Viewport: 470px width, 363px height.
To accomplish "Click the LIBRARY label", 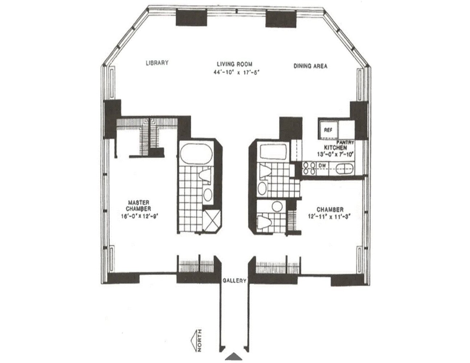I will coord(157,63).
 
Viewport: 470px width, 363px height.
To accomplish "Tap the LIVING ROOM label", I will coord(237,64).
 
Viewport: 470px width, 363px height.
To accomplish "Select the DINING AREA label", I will coord(310,66).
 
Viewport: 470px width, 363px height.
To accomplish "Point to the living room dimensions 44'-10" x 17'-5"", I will coord(237,72).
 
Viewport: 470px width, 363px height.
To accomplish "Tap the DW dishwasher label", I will coord(322,166).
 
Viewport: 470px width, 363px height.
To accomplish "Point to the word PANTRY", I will coord(345,143).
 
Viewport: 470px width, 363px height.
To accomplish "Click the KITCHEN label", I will coord(335,148).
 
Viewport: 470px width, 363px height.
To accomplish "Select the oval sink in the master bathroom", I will coord(208,195).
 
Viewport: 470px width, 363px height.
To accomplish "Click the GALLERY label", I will coord(234,281).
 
